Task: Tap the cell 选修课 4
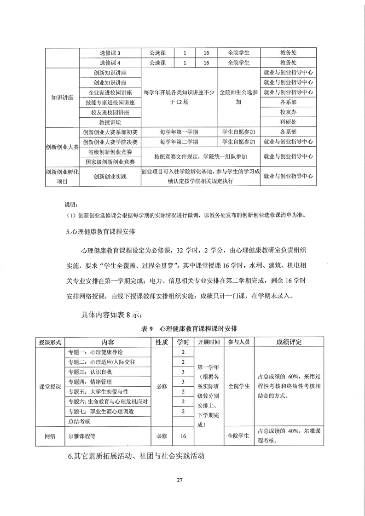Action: [x=110, y=63]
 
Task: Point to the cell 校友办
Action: [x=288, y=112]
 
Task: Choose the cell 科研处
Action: [x=288, y=122]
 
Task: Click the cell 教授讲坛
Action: [x=110, y=122]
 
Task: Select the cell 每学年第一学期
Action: [x=179, y=132]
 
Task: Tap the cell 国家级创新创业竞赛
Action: [x=110, y=162]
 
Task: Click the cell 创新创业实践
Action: [x=110, y=176]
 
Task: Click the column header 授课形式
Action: [x=50, y=342]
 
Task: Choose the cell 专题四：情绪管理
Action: [x=92, y=382]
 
